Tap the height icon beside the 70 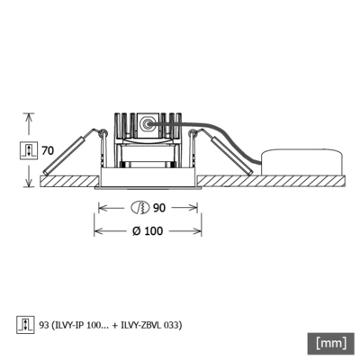click(x=29, y=149)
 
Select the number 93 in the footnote click(x=45, y=325)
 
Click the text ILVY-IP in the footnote click(x=72, y=325)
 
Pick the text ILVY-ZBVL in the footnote click(x=143, y=325)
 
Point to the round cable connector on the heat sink click(x=145, y=124)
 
